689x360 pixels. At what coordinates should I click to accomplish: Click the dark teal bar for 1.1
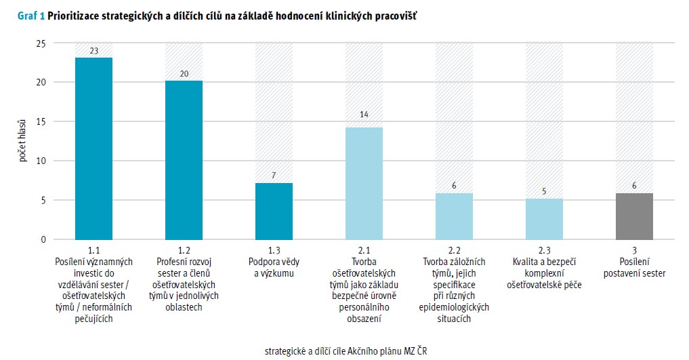[x=93, y=148]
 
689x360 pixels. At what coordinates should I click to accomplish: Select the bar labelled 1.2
[x=184, y=160]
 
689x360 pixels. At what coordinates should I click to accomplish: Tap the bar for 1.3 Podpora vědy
[x=274, y=211]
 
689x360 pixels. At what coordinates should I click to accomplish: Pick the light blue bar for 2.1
[x=364, y=183]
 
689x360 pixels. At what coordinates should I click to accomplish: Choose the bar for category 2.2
[x=454, y=216]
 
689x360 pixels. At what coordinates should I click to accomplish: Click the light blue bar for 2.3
[x=544, y=219]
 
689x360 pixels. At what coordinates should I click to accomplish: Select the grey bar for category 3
[x=634, y=216]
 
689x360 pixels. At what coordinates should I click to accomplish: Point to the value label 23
[x=93, y=51]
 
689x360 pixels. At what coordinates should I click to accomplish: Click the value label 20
[x=184, y=75]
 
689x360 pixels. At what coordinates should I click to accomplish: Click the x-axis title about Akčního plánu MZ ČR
[x=346, y=351]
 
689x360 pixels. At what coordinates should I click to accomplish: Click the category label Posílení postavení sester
[x=634, y=268]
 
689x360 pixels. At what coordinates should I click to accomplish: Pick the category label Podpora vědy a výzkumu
[x=274, y=268]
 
